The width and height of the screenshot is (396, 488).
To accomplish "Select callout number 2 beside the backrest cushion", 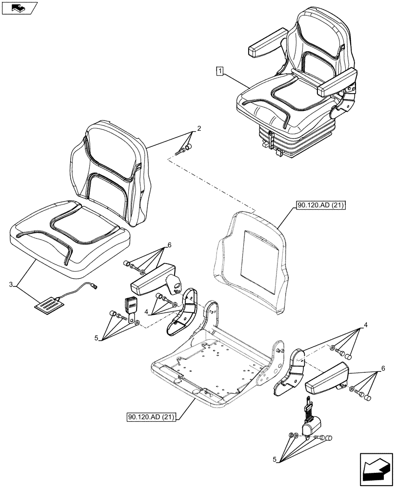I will click(198, 129).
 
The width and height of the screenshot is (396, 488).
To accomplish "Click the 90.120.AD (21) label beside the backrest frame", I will click(320, 206).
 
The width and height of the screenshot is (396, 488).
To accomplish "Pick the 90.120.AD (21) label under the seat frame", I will click(152, 417).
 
